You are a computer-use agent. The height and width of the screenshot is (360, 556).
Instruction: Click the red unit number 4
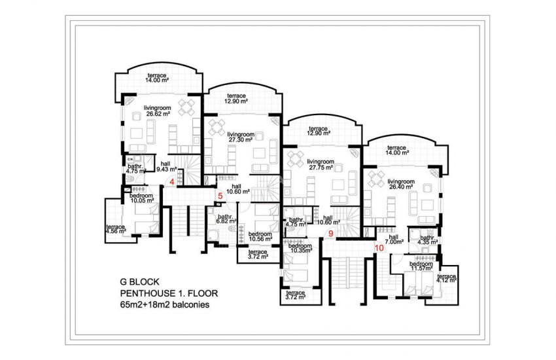click(172, 182)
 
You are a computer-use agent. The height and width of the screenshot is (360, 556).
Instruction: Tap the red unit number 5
click(220, 196)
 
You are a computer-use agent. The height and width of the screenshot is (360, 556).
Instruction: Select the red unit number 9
click(331, 233)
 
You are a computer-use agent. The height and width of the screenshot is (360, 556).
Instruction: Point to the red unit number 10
click(379, 247)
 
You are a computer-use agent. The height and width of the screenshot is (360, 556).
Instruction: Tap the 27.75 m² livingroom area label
click(321, 164)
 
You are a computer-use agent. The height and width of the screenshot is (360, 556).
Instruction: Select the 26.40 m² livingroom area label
click(400, 183)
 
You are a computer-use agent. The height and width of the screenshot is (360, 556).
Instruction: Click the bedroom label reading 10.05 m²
click(141, 198)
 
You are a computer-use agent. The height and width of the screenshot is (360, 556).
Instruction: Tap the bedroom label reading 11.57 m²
click(421, 266)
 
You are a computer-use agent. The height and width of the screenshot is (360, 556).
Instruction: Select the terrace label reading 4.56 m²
click(116, 229)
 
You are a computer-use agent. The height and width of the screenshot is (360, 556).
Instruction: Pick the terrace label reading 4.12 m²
click(447, 279)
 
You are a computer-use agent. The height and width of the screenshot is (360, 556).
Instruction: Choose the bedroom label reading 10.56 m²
click(260, 236)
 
